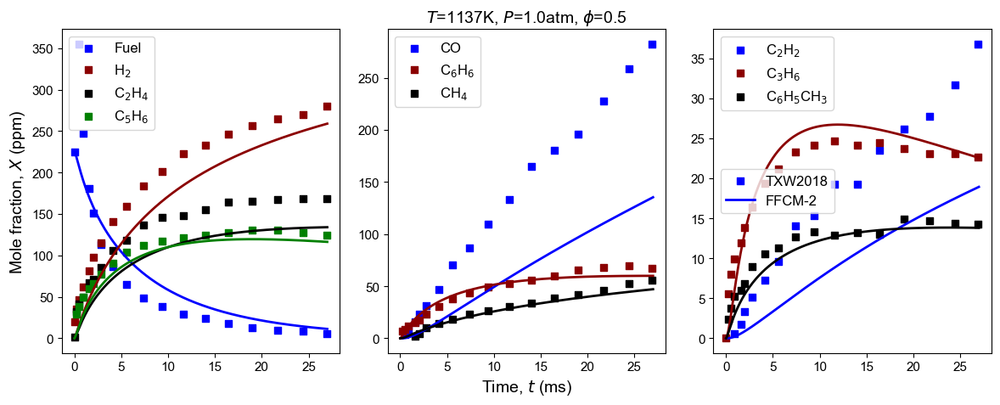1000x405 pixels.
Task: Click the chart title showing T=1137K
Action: tap(525, 17)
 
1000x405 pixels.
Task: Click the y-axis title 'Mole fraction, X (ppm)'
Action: tap(16, 192)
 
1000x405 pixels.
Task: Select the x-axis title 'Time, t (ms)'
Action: tap(526, 387)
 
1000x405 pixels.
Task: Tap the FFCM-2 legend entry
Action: tap(784, 203)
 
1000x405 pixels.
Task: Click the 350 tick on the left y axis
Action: tap(51, 48)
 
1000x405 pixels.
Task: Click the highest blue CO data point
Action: tap(653, 44)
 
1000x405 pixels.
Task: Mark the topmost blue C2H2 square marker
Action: tap(978, 44)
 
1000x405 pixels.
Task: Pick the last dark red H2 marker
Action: tap(327, 106)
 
